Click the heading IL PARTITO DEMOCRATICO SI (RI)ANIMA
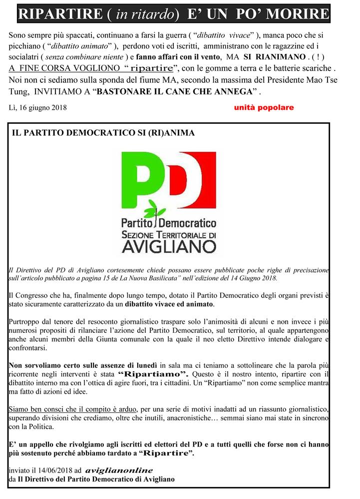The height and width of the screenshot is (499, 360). click(103, 133)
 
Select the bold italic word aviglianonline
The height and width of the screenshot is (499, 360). click(119, 471)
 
